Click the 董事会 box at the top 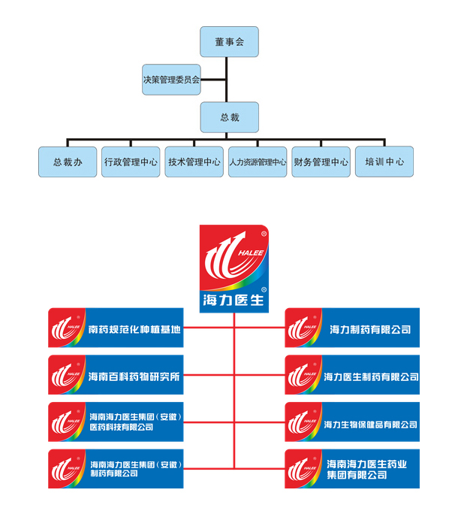tap(229, 42)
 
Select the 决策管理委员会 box tap(172, 80)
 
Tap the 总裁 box tap(229, 117)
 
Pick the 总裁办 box tap(68, 162)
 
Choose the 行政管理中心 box tap(131, 162)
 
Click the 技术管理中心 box tap(194, 162)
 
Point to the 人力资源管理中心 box tap(258, 162)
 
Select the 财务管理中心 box tap(321, 162)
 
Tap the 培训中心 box tap(384, 162)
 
